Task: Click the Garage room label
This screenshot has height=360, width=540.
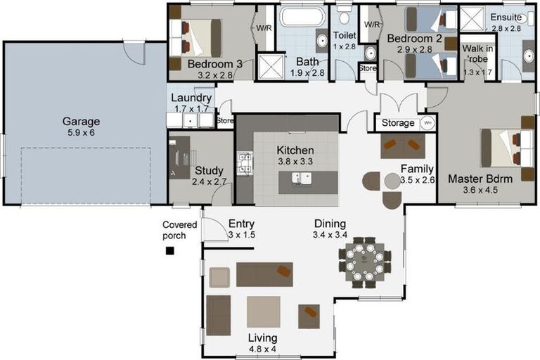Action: pos(82,121)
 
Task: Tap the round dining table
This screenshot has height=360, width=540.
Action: pos(364,261)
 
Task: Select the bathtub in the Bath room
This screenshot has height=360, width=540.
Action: pos(302,19)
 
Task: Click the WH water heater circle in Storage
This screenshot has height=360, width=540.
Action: pos(427,122)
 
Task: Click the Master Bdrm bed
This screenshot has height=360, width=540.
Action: pos(502,148)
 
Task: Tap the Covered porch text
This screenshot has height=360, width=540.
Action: pos(174,230)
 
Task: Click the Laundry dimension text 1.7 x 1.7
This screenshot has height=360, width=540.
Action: pos(191,109)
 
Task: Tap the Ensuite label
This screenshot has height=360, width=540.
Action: pos(505,18)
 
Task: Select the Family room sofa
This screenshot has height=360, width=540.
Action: pos(402,146)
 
